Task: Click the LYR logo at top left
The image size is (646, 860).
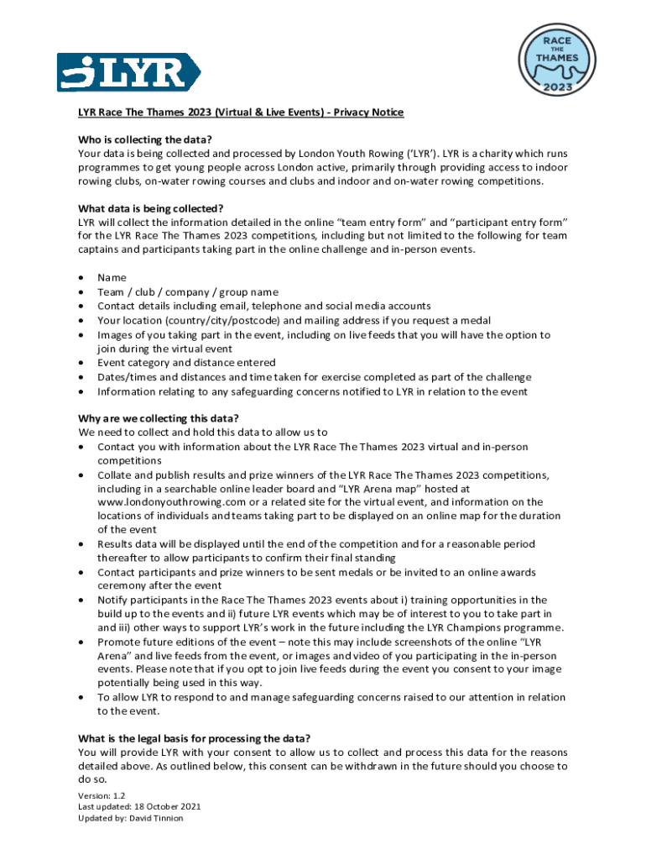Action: click(x=128, y=72)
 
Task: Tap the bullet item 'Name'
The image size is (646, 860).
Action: click(x=112, y=277)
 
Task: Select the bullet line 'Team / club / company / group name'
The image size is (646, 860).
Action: click(x=187, y=291)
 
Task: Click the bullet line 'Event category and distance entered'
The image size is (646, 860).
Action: click(x=185, y=363)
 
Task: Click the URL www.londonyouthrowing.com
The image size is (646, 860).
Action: click(x=166, y=502)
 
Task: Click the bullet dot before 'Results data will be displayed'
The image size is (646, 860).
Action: click(x=81, y=545)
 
